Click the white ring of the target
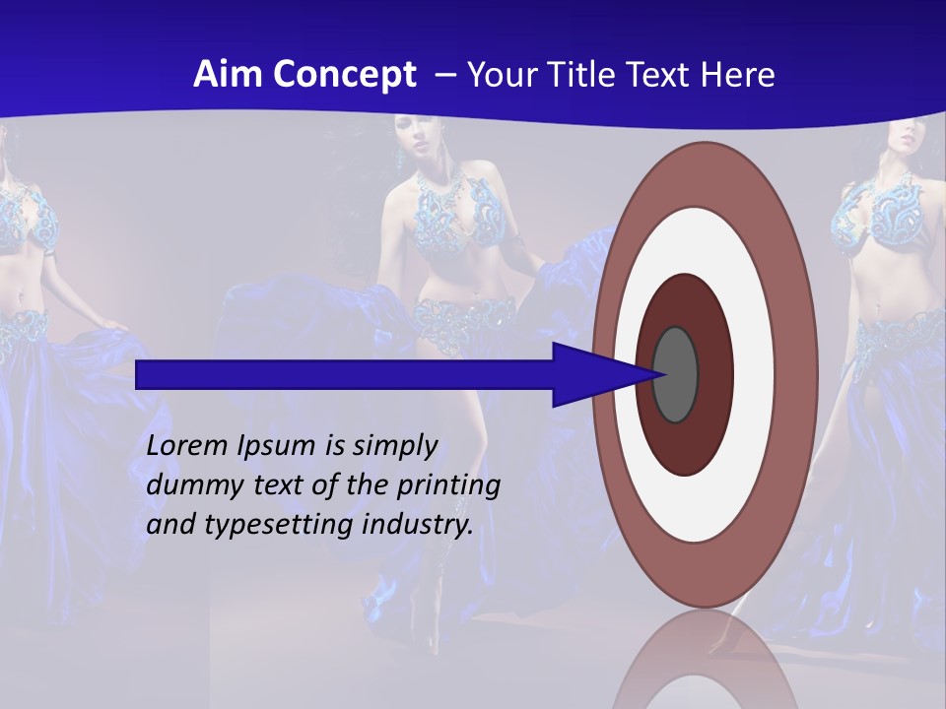[754, 374]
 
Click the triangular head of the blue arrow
[591, 375]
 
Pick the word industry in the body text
[418, 525]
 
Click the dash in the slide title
[444, 76]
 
